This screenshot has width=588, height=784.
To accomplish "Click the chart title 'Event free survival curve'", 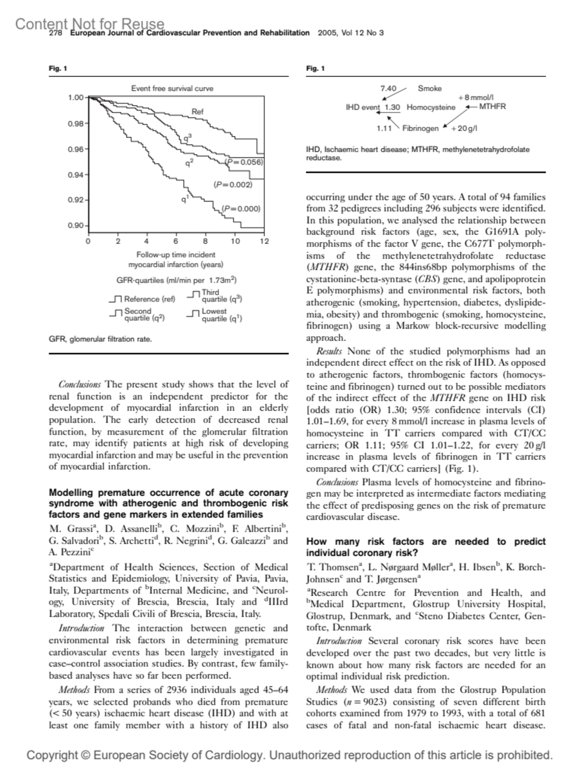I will point(172,89).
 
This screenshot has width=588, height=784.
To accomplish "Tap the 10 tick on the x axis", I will point(235,241).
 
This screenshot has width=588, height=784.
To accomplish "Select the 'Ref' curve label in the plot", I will point(197,112).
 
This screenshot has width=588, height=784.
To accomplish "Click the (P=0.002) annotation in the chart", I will point(233,185).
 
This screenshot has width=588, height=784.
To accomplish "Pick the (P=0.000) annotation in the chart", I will point(241,208).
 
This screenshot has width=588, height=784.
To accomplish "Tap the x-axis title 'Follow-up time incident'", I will point(175,255).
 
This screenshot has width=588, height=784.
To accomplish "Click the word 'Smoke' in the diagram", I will point(429,89).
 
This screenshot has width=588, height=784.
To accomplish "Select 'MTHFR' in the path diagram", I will point(492,106).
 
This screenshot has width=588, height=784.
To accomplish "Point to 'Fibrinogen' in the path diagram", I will point(420,128).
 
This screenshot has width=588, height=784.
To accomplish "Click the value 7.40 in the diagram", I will point(388,89).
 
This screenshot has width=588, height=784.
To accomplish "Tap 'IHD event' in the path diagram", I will point(363,107).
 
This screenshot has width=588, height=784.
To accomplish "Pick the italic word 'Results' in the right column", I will point(329,351).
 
